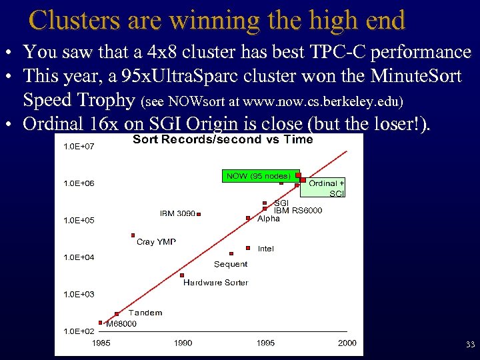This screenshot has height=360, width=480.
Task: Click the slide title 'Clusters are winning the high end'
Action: (217, 21)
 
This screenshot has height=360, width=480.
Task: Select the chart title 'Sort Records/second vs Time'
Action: (223, 139)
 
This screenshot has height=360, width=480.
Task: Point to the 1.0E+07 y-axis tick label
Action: (78, 146)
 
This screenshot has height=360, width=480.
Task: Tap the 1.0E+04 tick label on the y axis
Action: (78, 257)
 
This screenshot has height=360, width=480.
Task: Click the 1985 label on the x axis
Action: (101, 343)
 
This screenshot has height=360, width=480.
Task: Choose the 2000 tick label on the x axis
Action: (347, 343)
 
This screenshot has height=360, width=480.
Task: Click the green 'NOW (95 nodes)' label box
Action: (259, 176)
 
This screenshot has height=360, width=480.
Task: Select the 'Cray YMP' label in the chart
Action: (156, 242)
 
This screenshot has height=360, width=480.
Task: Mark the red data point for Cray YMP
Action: (133, 235)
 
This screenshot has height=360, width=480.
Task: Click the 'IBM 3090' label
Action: (177, 213)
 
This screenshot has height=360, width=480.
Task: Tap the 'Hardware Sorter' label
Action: (215, 283)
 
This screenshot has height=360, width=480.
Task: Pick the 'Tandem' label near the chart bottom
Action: (145, 313)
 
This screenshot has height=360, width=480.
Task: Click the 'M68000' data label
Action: (121, 324)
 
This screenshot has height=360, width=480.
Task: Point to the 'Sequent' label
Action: (231, 264)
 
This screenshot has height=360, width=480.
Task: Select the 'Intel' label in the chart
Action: (265, 249)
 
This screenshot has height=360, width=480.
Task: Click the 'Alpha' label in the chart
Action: (269, 219)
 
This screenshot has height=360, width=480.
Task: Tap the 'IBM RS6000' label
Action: (298, 211)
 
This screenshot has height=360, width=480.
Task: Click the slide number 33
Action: (469, 345)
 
